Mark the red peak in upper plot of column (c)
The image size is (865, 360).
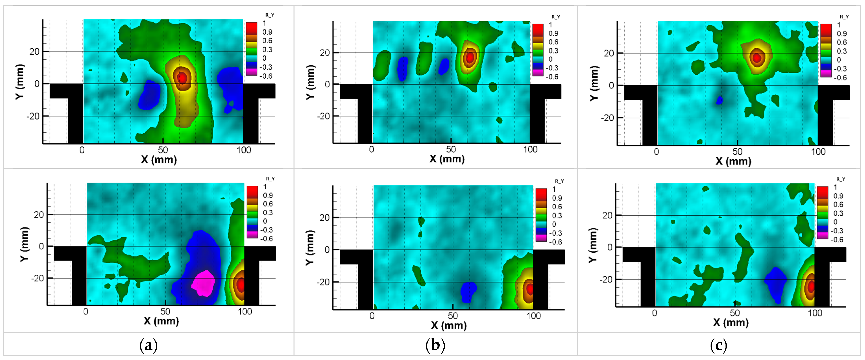[757, 58]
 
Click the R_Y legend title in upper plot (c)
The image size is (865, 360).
[844, 17]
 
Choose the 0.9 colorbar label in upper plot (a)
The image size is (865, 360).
[267, 32]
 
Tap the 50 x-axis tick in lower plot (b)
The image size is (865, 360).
[453, 316]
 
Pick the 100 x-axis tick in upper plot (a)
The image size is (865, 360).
[244, 150]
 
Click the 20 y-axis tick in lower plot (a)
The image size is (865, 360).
[39, 215]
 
